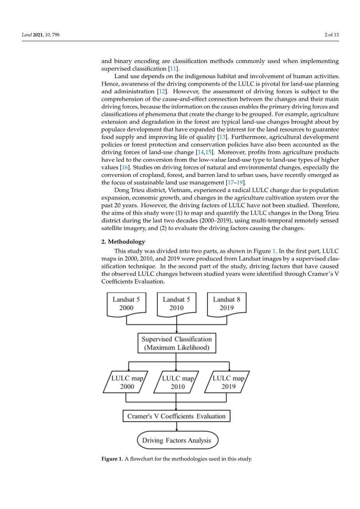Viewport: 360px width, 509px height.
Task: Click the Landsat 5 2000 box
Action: click(x=126, y=304)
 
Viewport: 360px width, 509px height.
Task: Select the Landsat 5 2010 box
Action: click(x=176, y=304)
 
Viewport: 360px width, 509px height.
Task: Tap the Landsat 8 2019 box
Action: click(x=227, y=304)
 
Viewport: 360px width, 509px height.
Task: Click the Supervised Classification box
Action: click(x=177, y=343)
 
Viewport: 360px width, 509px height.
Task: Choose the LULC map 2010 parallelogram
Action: click(x=177, y=382)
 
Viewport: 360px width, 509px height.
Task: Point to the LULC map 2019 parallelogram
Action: click(x=228, y=382)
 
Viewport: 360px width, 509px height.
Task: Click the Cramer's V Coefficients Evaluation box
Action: click(x=176, y=416)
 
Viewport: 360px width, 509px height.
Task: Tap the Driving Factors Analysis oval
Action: click(x=177, y=440)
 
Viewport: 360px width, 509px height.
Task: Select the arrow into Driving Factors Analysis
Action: click(x=177, y=427)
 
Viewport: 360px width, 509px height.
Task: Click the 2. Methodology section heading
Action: click(x=123, y=241)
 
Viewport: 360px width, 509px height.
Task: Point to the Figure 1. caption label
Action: click(x=112, y=459)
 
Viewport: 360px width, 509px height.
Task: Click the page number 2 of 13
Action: click(x=332, y=35)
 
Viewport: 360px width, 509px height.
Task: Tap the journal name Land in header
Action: click(x=26, y=35)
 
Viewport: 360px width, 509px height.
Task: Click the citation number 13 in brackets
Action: click(x=223, y=137)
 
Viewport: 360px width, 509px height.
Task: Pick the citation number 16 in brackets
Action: click(x=125, y=167)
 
